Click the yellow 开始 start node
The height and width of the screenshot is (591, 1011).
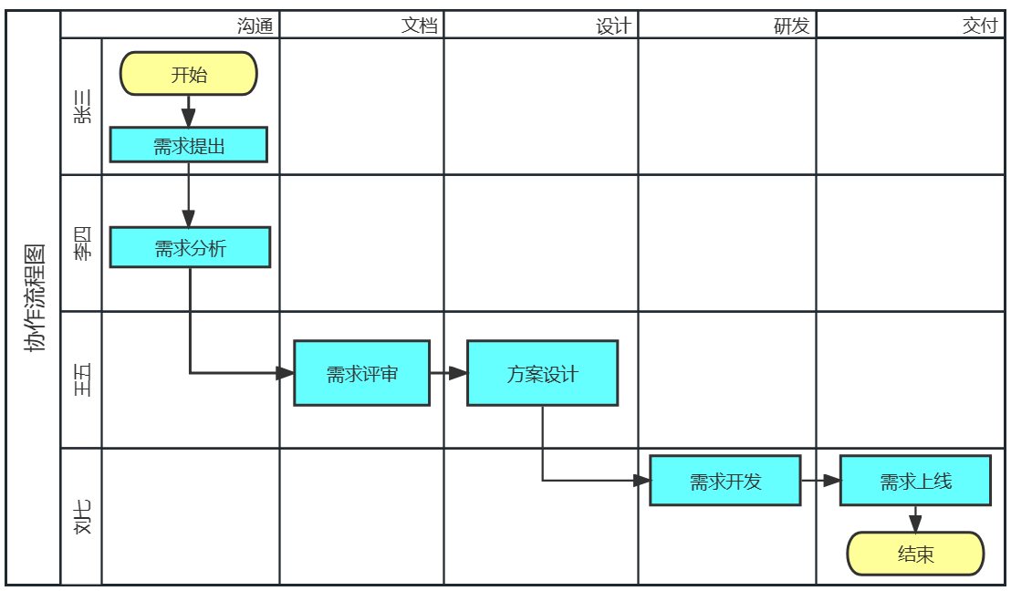[189, 74]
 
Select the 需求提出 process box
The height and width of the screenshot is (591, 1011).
[189, 145]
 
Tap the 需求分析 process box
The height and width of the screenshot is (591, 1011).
[190, 247]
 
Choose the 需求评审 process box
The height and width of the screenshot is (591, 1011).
[361, 373]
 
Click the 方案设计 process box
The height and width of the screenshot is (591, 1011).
[542, 373]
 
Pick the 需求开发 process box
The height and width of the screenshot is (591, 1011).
[725, 481]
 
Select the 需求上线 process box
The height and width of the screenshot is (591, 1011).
[915, 481]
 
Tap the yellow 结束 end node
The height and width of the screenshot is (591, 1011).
[915, 554]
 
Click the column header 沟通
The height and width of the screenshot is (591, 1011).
[255, 26]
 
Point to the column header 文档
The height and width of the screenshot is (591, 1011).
[420, 26]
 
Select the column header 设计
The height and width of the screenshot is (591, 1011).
[613, 26]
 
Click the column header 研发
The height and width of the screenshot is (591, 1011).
[792, 26]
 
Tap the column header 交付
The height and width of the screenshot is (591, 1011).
[980, 26]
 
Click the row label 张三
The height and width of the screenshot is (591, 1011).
[82, 107]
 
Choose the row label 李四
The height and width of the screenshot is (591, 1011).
[82, 244]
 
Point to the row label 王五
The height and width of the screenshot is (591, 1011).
[82, 380]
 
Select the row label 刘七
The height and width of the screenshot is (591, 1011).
[82, 517]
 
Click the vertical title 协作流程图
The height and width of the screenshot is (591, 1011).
[34, 298]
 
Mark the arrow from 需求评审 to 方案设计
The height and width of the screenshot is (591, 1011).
[448, 373]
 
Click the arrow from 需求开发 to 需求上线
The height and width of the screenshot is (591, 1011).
[820, 481]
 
